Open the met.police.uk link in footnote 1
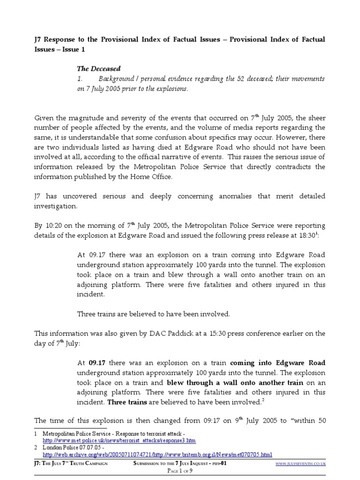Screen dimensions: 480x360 (x=119, y=441)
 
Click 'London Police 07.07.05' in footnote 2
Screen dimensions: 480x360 (x=70, y=448)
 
